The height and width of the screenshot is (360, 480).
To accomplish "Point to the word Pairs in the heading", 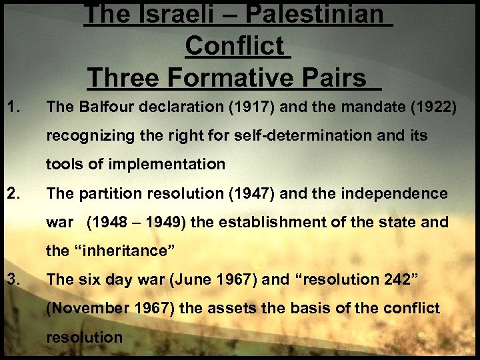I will (341, 78).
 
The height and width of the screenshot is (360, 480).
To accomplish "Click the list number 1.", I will (13, 104).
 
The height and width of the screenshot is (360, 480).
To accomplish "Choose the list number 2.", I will (13, 194).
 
